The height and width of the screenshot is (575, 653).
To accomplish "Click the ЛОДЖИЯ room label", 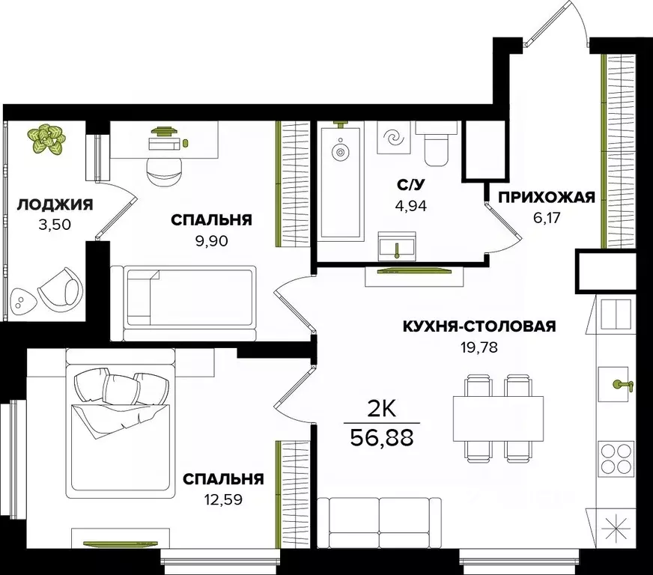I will [x=55, y=204].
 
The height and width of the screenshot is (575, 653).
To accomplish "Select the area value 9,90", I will [x=210, y=241].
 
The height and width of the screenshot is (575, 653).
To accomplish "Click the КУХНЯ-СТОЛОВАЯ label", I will [x=479, y=326].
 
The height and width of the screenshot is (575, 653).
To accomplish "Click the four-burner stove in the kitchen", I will [x=616, y=458].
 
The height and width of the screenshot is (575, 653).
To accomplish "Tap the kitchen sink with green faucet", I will [x=617, y=385].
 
